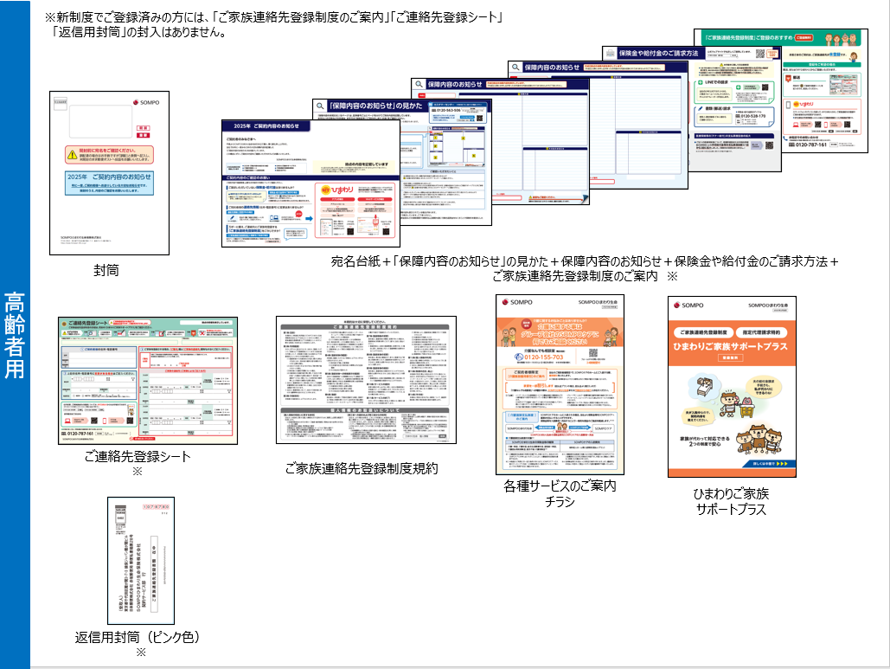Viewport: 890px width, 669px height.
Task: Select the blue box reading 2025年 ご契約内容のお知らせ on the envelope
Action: coord(108,181)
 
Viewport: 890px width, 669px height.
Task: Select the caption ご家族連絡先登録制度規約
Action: coord(362,468)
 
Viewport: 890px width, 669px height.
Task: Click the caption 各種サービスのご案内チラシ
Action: coord(560,494)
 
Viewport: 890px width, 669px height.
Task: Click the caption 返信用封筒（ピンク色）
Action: coord(138,638)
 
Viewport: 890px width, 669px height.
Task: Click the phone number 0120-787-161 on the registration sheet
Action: coord(81,433)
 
